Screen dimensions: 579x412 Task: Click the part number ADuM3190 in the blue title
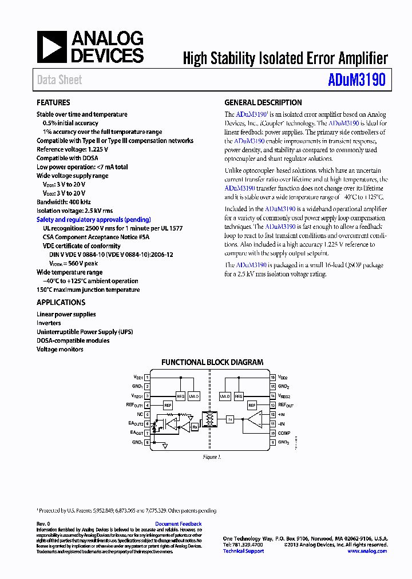pyautogui.click(x=356, y=80)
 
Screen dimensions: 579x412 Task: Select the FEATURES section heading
pyautogui.click(x=53, y=103)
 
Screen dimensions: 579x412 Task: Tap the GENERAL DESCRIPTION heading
pyautogui.click(x=263, y=103)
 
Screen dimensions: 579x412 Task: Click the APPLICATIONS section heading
pyautogui.click(x=61, y=303)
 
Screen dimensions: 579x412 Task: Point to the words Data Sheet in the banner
pyautogui.click(x=60, y=80)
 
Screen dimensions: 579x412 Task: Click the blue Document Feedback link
pyautogui.click(x=178, y=524)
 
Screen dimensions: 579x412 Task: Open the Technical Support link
pyautogui.click(x=243, y=551)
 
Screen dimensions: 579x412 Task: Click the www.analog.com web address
pyautogui.click(x=367, y=551)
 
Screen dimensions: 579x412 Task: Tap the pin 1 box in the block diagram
pyautogui.click(x=148, y=378)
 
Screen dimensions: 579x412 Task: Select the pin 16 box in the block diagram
pyautogui.click(x=273, y=378)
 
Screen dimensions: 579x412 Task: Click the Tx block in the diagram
pyautogui.click(x=230, y=419)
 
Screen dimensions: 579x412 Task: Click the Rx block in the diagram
pyautogui.click(x=195, y=426)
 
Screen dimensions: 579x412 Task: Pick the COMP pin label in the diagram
pyautogui.click(x=284, y=433)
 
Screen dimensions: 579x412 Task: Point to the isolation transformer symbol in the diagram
pyautogui.click(x=210, y=421)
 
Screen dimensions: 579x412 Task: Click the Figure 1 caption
pyautogui.click(x=212, y=457)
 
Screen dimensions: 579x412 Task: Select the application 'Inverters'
pyautogui.click(x=49, y=323)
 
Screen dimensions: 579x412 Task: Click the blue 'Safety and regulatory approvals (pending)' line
pyautogui.click(x=94, y=220)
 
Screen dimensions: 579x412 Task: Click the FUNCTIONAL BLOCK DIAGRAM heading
pyautogui.click(x=212, y=362)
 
